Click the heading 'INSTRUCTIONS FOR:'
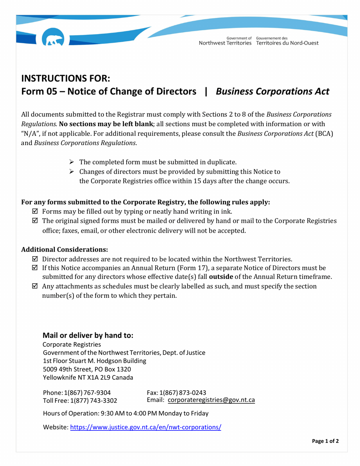click(x=66, y=78)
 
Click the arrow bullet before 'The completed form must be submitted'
click(x=70, y=163)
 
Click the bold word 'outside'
click(x=221, y=277)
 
